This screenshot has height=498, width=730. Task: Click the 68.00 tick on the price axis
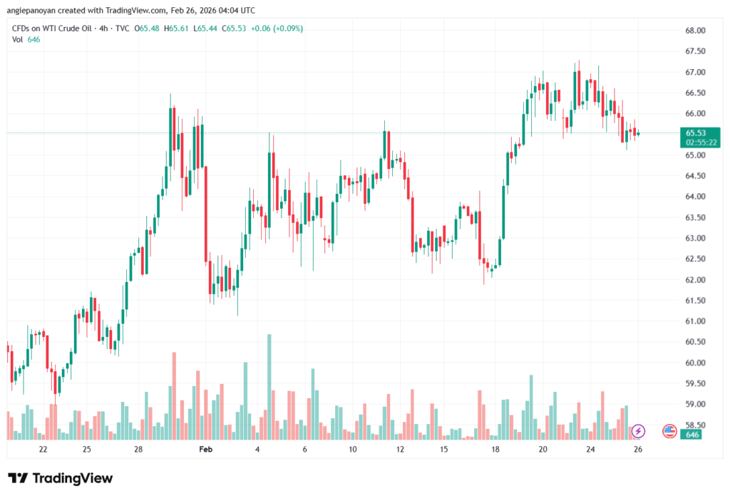pos(695,31)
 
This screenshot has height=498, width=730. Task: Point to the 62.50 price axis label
pos(695,259)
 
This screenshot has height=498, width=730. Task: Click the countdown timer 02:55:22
pos(701,142)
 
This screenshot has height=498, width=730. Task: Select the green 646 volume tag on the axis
pos(691,434)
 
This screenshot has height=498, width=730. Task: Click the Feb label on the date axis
pos(205,450)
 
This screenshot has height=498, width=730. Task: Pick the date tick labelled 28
pos(138,450)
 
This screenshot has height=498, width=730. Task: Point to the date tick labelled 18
pos(495,450)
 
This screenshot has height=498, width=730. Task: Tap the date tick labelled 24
pos(591,450)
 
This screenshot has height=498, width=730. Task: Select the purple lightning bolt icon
pos(638,431)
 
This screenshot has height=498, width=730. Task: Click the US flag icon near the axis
pos(669,431)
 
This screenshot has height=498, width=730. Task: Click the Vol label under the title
pos(18,39)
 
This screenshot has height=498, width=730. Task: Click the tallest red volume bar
pos(173,395)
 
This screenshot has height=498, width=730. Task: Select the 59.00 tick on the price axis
pos(695,404)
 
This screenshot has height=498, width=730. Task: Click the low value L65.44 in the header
pos(208,28)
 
